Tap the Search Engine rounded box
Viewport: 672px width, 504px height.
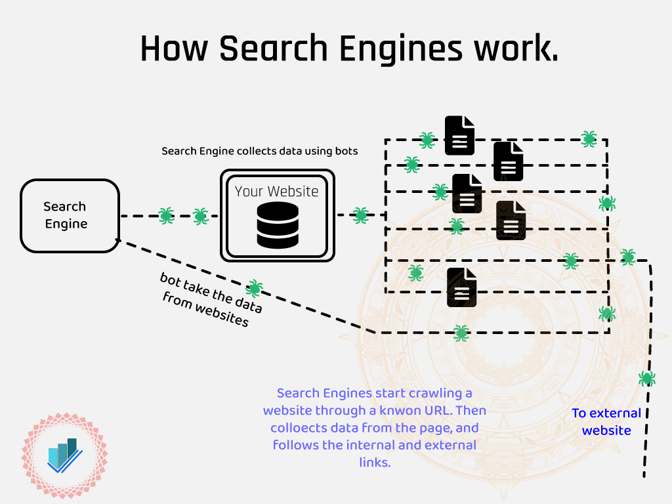(70, 215)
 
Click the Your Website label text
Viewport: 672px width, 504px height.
(276, 191)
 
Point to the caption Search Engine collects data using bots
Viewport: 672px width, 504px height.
(260, 151)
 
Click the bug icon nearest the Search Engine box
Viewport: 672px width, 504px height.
(166, 215)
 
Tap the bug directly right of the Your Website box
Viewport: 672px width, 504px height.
(360, 215)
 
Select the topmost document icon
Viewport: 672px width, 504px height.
(459, 135)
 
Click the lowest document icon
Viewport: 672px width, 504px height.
(462, 287)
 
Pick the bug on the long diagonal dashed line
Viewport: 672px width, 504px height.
(254, 287)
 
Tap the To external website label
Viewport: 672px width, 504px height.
(606, 421)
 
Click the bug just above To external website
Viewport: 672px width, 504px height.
(647, 378)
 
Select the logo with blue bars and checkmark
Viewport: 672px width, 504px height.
(64, 455)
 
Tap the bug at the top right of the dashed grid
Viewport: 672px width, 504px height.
(589, 138)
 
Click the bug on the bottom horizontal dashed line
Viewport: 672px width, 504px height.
(461, 333)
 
